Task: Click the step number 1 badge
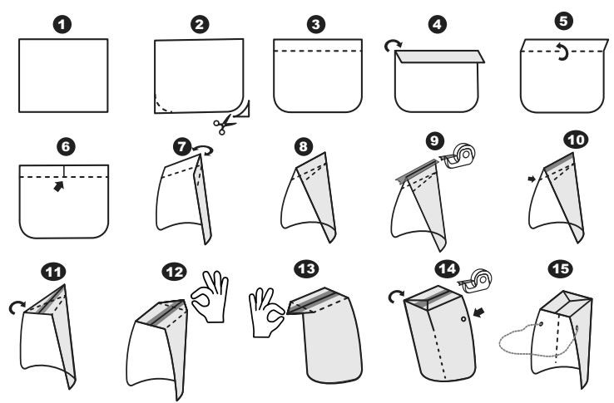tap(62, 25)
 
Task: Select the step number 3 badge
tap(315, 25)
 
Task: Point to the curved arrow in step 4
tap(393, 45)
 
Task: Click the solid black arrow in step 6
tap(59, 186)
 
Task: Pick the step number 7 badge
tap(182, 147)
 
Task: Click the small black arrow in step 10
tap(532, 179)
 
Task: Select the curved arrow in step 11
tap(17, 307)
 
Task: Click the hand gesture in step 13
tap(266, 312)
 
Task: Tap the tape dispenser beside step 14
tap(475, 281)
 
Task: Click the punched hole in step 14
tap(463, 319)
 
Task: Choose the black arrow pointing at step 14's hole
tap(478, 312)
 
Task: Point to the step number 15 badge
tap(560, 268)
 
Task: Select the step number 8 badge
tap(304, 147)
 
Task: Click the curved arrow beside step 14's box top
tap(395, 296)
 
